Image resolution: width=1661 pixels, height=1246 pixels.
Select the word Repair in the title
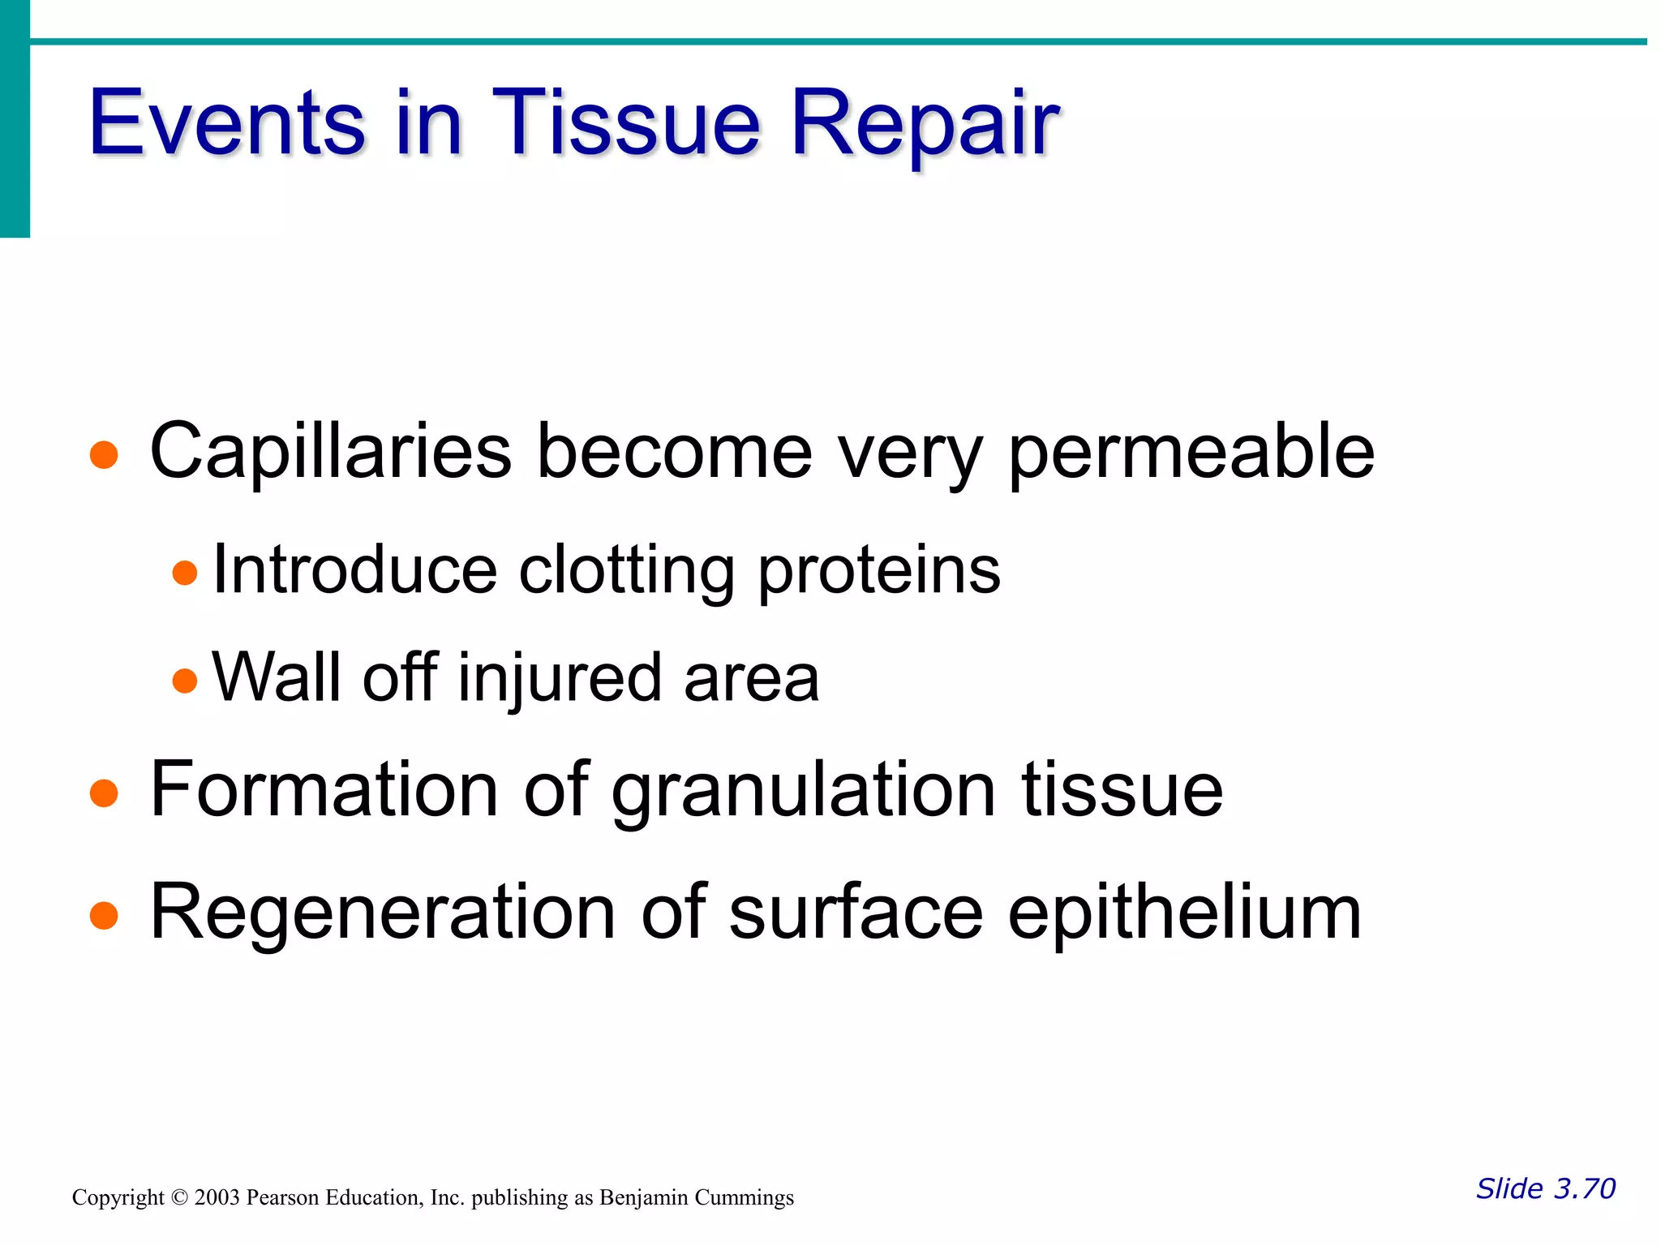coord(924,123)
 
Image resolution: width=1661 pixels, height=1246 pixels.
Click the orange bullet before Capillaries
coord(104,455)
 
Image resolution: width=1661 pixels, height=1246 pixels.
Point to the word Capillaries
coord(331,452)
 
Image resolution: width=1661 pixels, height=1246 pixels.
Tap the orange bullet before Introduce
coord(185,573)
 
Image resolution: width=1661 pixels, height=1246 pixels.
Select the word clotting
coord(627,570)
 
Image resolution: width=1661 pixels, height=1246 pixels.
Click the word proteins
coord(879,570)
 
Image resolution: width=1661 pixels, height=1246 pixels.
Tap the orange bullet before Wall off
coord(185,680)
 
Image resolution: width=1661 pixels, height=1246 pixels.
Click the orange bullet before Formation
coord(104,793)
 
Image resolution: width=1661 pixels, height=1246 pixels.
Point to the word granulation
coord(803,791)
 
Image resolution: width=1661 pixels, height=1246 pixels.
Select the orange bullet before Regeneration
coord(104,916)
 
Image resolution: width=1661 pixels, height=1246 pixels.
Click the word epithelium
coord(1184,913)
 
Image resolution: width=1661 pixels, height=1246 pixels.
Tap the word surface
coord(856,913)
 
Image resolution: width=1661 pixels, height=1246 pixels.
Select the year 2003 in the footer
coord(217,1198)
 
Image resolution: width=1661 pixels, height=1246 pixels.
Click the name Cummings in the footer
coord(744,1198)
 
